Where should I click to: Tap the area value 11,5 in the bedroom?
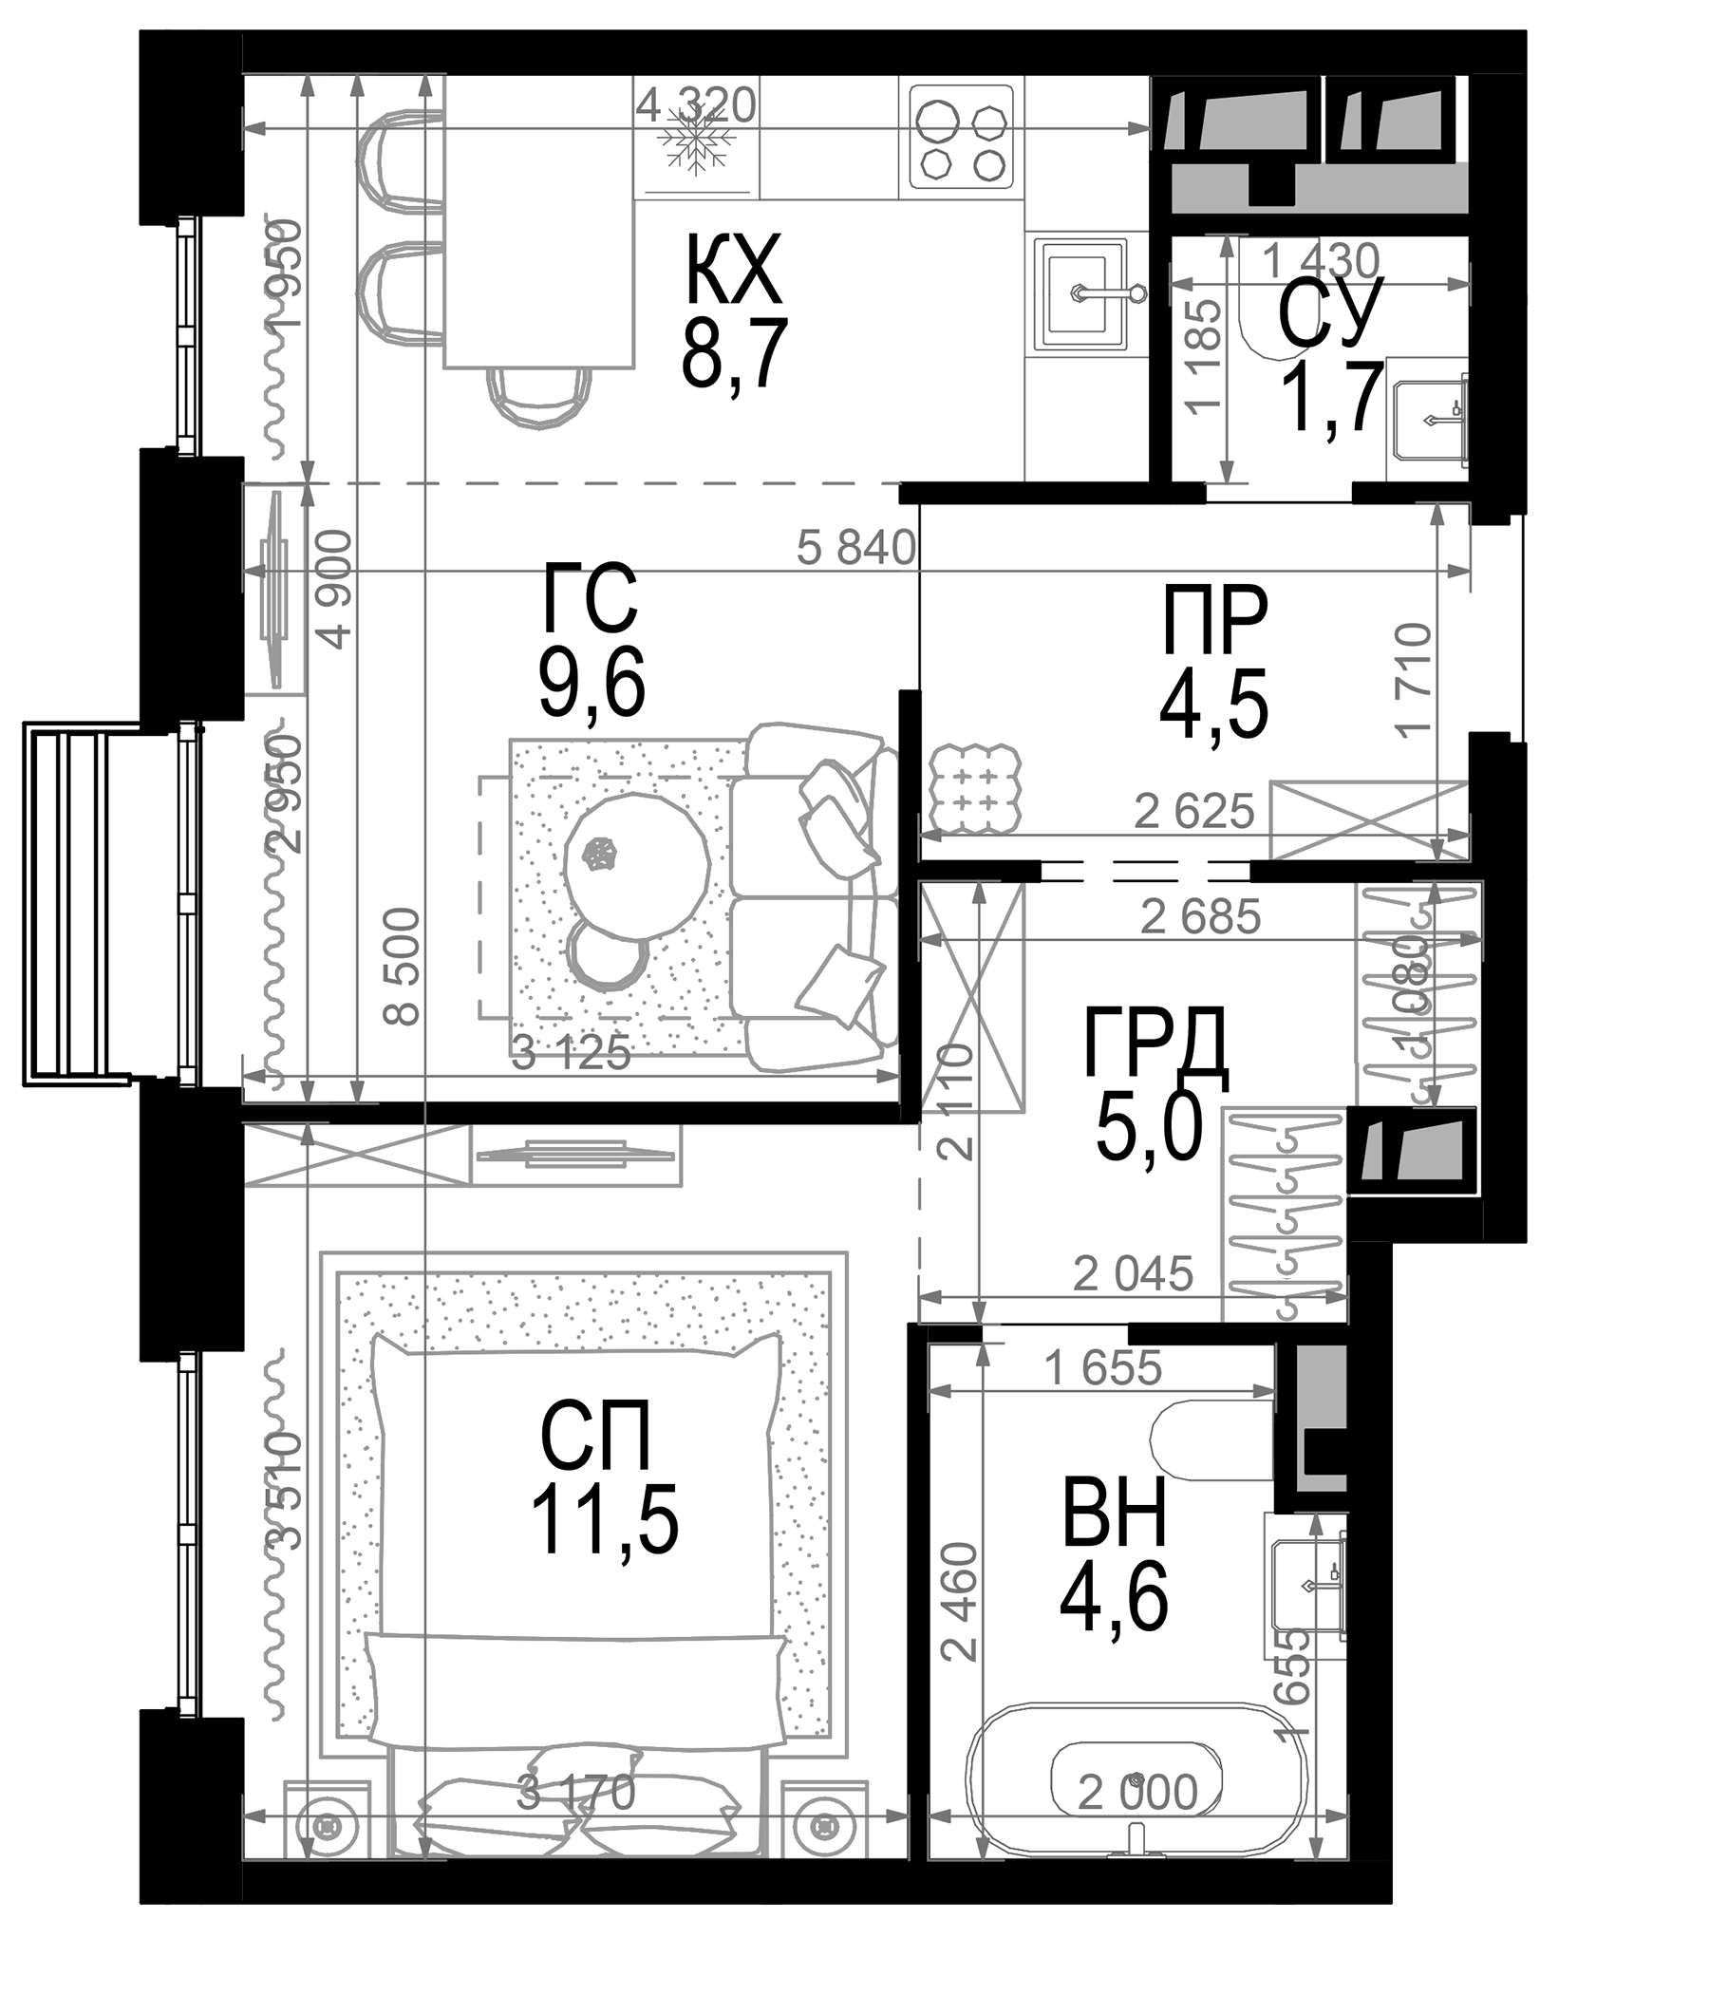603,1519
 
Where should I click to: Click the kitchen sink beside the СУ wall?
1080,292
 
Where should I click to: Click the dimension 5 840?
855,549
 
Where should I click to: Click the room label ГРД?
1154,1044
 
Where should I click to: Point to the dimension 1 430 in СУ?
1320,260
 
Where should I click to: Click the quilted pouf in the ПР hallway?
975,787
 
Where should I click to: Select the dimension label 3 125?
570,1054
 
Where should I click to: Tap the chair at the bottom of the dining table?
538,397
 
